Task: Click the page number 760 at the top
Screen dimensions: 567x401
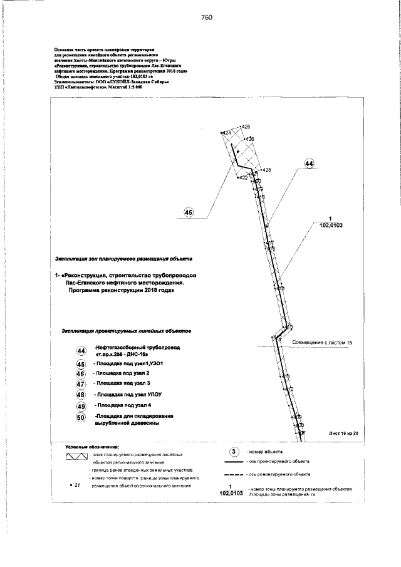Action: click(x=207, y=18)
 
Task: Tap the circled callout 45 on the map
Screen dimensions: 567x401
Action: click(x=189, y=212)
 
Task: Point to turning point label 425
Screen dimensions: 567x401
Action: click(x=246, y=127)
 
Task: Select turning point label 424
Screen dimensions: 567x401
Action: click(x=227, y=133)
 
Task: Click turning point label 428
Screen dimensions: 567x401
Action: click(x=266, y=170)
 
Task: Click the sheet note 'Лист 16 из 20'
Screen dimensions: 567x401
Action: click(x=344, y=433)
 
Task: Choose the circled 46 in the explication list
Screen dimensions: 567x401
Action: click(x=80, y=373)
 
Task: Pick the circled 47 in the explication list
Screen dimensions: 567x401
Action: click(x=80, y=383)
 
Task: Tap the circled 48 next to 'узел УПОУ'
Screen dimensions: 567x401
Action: click(x=80, y=395)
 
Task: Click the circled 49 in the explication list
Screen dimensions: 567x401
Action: click(x=80, y=407)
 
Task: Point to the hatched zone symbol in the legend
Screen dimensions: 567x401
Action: click(x=76, y=455)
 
